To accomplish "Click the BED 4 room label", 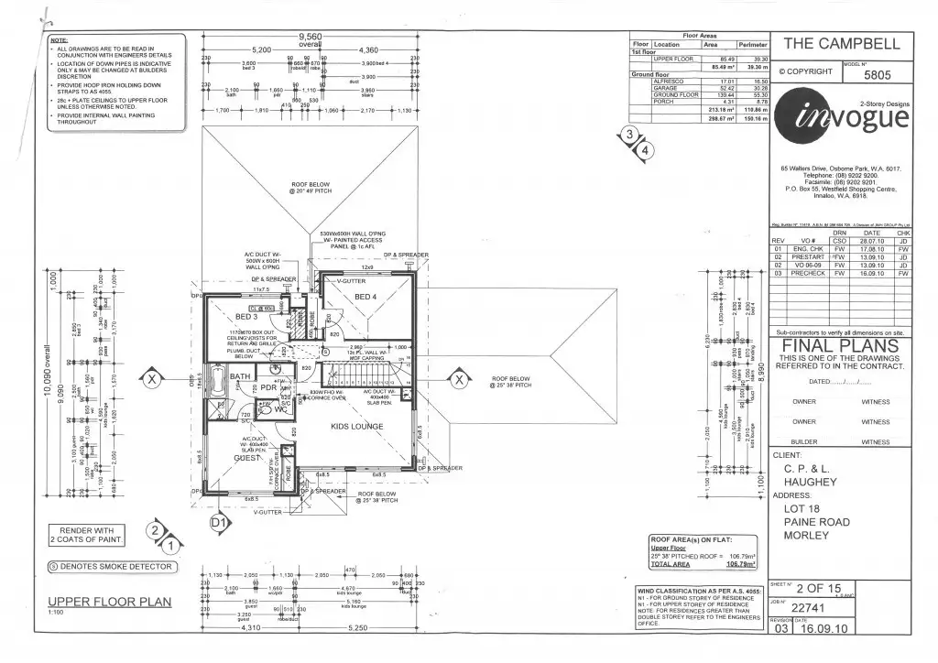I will (x=365, y=298).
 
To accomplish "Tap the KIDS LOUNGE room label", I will (x=357, y=427).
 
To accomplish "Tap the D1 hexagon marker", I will (x=218, y=523).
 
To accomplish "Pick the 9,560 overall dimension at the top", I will (x=311, y=37).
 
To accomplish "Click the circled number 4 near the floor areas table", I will (x=646, y=149).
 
